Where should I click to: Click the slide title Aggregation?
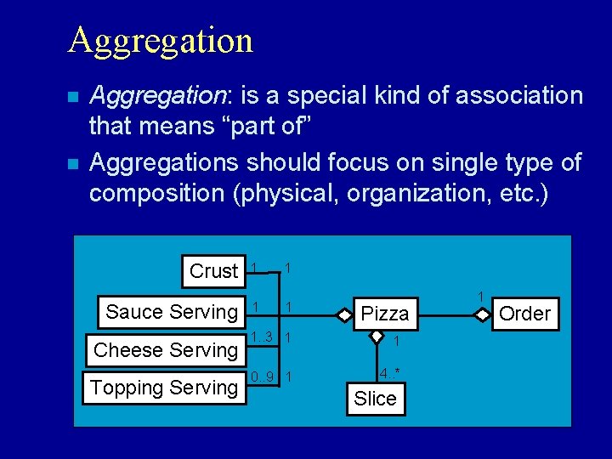160,40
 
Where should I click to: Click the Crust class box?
213,271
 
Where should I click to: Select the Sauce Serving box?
172,312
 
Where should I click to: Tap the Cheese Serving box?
166,349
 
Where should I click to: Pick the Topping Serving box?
164,388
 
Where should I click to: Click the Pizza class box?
385,314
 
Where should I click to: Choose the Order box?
524,314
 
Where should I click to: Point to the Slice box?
375,399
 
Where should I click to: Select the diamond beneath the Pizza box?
376,336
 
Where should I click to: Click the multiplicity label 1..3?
262,337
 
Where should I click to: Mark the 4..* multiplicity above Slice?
390,373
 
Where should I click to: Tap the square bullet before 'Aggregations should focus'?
74,161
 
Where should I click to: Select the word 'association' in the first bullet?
519,96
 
